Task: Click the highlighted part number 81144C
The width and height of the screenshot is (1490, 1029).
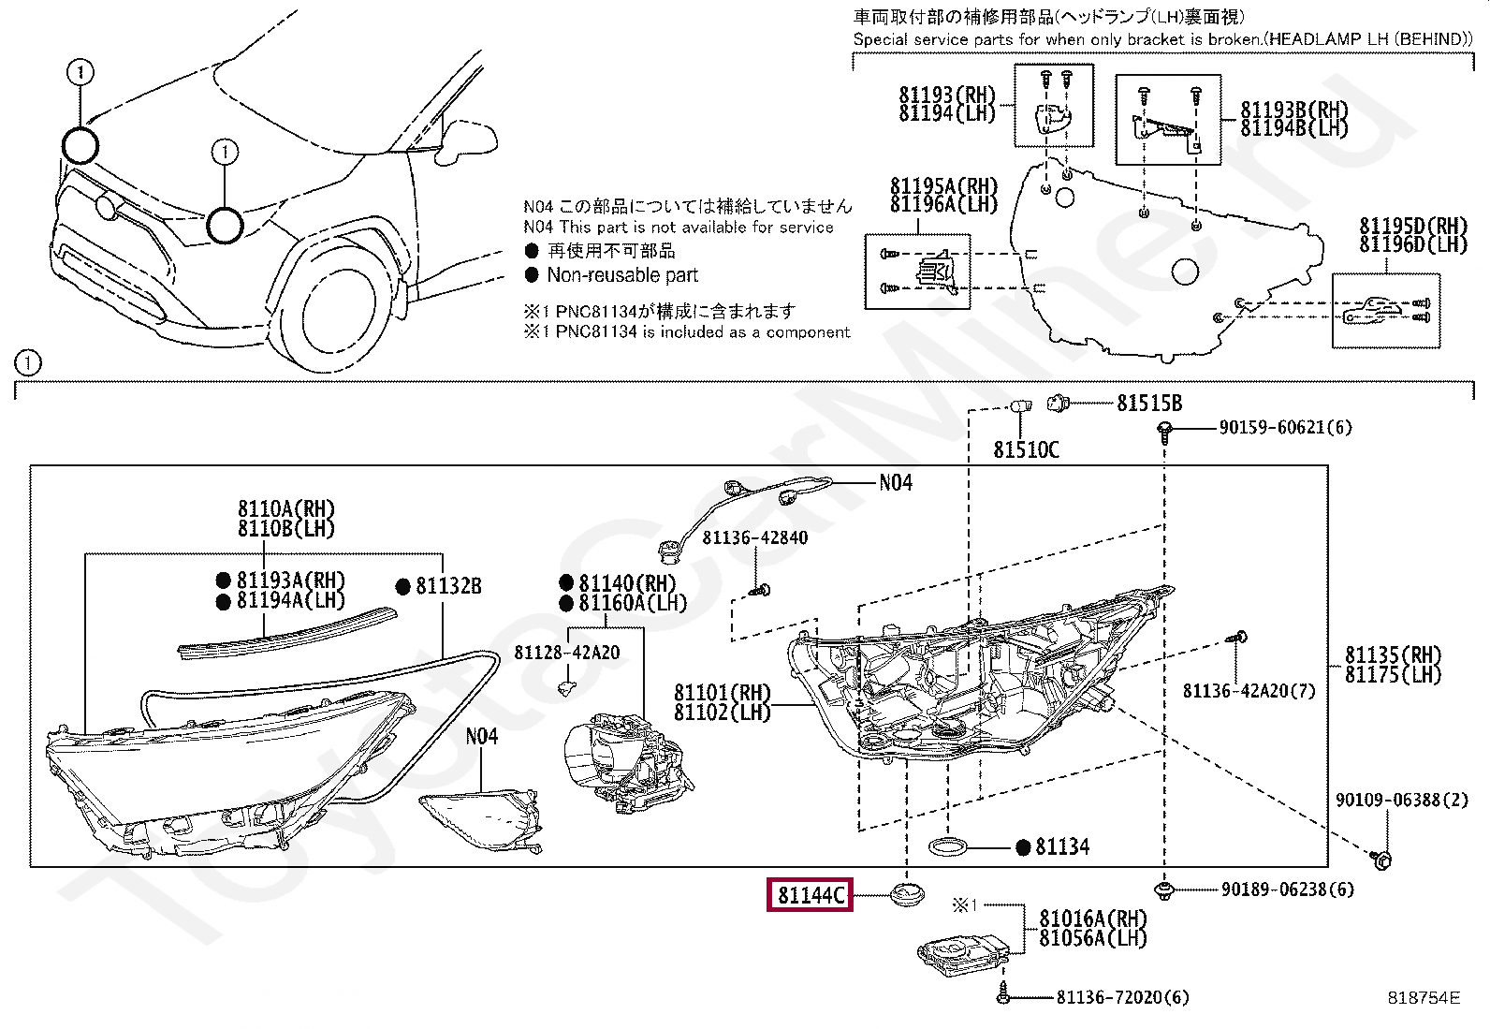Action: click(811, 896)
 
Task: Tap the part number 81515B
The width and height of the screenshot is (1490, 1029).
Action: click(1149, 404)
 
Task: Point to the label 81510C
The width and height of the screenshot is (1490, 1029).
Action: click(1026, 450)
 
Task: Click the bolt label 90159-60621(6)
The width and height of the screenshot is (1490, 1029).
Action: click(1285, 428)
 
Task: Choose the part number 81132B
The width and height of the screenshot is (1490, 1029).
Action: click(448, 586)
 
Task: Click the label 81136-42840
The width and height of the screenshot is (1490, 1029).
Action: click(754, 537)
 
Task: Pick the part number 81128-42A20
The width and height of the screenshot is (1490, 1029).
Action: click(566, 653)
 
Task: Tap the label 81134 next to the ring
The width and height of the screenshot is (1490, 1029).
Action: click(1062, 847)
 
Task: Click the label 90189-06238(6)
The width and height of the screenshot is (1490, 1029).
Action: click(1287, 889)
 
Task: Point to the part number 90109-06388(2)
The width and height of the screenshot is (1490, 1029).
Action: click(1401, 800)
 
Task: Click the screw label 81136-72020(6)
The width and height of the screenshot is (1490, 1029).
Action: click(1122, 998)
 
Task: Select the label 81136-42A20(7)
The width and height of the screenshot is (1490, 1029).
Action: click(1249, 691)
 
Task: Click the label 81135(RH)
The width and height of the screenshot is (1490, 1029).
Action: click(1394, 654)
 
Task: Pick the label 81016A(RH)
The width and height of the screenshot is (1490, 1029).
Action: click(1092, 919)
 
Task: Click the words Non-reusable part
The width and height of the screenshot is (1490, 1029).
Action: click(622, 275)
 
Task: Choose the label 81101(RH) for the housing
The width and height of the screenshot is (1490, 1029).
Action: click(722, 693)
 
